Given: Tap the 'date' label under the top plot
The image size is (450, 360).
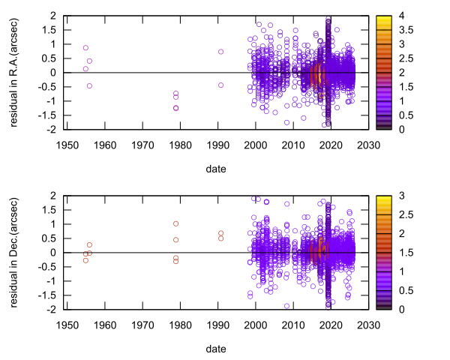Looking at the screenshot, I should [x=216, y=169].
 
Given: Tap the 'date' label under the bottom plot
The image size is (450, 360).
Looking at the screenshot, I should [x=216, y=349].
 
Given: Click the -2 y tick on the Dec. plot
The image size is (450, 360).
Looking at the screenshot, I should [x=54, y=309].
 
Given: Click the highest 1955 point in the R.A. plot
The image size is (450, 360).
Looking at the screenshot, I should [x=85, y=48].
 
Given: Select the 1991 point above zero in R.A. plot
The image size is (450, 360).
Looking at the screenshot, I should [x=221, y=52].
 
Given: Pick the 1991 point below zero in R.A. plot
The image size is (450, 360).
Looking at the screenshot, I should [x=221, y=85].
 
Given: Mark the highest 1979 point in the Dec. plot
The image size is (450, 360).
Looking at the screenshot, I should [x=175, y=223].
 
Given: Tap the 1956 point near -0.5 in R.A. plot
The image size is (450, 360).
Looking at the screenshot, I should [x=89, y=85].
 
